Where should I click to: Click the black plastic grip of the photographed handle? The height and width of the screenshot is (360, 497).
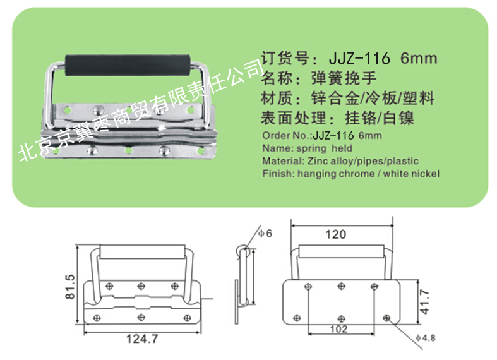click(x=128, y=65)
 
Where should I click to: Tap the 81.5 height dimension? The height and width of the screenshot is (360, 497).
click(x=70, y=287)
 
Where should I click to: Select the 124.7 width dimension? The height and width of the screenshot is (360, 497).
click(x=142, y=339)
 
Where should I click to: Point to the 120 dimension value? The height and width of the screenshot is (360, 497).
click(x=336, y=234)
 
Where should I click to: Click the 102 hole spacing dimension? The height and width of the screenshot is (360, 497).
click(x=339, y=329)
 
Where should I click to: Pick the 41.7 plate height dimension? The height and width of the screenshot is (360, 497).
click(x=424, y=301)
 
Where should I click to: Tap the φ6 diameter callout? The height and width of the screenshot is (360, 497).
click(x=265, y=234)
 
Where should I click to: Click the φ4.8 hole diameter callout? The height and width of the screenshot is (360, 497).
click(x=426, y=338)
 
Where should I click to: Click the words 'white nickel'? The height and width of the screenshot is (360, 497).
click(x=411, y=174)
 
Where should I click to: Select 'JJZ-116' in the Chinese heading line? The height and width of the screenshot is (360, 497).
click(x=359, y=58)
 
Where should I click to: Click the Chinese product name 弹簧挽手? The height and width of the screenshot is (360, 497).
click(x=344, y=78)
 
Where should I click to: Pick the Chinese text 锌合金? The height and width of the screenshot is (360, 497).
click(x=336, y=99)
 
